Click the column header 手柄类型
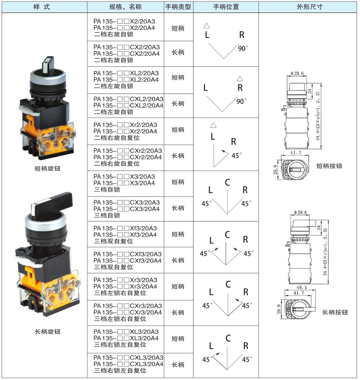[x=178, y=7]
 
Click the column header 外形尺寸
[x=310, y=7]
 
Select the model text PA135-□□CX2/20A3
[x=127, y=47]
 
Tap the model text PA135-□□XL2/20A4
[x=126, y=80]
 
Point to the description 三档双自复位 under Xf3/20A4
[x=113, y=241]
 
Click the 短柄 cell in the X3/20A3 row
[x=178, y=182]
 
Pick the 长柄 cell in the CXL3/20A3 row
[x=178, y=365]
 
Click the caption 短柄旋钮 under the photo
[x=48, y=168]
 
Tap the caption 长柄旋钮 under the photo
[x=48, y=331]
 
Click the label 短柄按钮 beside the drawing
[x=329, y=166]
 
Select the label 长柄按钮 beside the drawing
[x=335, y=312]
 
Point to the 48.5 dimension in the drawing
[x=301, y=288]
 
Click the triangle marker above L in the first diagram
[x=206, y=26]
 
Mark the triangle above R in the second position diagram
[x=240, y=78]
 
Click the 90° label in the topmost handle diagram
[x=243, y=49]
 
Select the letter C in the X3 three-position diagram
[x=227, y=182]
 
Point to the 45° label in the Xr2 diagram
[x=236, y=156]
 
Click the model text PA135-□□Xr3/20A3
[x=125, y=280]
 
